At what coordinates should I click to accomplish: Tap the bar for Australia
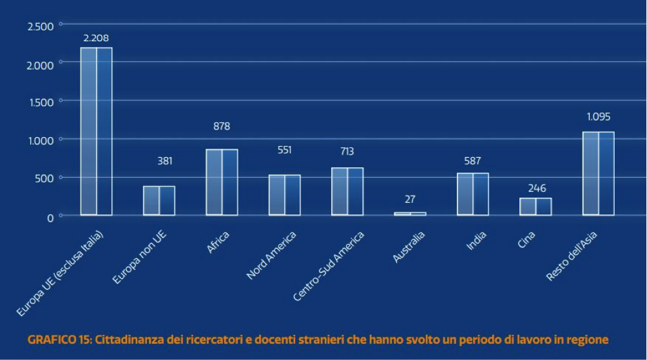tap(410, 213)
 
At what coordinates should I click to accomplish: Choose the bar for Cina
tap(536, 206)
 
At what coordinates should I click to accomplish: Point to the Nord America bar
tap(284, 194)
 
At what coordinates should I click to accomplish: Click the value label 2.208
tap(96, 38)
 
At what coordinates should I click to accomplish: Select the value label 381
tap(166, 161)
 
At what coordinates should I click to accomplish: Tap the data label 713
tap(347, 151)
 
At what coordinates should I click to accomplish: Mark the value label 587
tap(472, 161)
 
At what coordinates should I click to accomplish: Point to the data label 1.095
tap(598, 117)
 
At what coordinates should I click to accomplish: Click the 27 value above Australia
tap(410, 199)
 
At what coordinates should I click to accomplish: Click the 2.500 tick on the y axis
tap(41, 26)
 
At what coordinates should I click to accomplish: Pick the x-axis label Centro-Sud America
tap(329, 266)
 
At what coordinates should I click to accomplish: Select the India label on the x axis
tap(476, 242)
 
